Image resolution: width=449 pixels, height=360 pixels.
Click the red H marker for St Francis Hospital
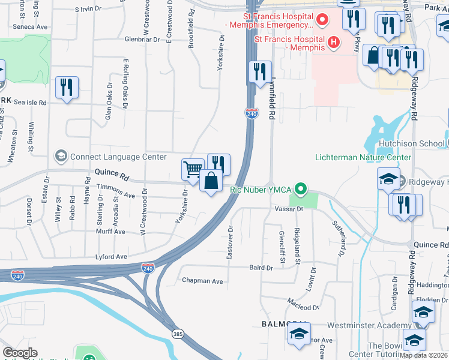[x=331, y=43]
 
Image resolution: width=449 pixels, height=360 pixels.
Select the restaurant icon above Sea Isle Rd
[x=67, y=87]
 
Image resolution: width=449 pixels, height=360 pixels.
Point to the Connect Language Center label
[x=118, y=157]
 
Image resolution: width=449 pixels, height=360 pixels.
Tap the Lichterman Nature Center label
[x=363, y=158]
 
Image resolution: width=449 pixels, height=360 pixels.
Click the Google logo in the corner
[x=20, y=353]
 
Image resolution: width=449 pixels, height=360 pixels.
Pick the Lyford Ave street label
[x=112, y=257]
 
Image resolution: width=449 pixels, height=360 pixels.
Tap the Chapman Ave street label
[x=202, y=281]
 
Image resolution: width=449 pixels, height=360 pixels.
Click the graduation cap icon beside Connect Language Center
[x=61, y=157]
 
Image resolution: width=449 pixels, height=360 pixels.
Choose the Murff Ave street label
[x=111, y=232]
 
